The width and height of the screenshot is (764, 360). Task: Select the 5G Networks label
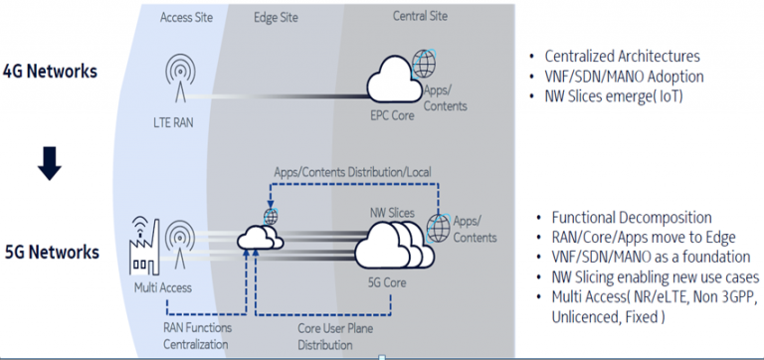pos(51,252)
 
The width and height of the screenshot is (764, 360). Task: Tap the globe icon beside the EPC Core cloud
pos(425,64)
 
